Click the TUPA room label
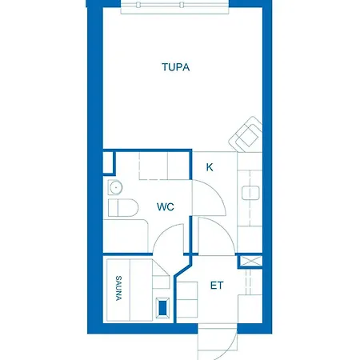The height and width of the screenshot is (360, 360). point(175,68)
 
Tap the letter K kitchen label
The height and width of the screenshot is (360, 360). point(210,167)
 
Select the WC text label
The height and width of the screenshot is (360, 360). point(166,206)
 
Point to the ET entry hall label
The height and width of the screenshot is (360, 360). point(217,286)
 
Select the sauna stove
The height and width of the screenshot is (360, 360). point(164,307)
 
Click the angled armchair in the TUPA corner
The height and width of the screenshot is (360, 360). point(247,134)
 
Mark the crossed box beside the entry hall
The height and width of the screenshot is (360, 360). point(250,262)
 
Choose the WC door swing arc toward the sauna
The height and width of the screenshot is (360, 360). point(170,240)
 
